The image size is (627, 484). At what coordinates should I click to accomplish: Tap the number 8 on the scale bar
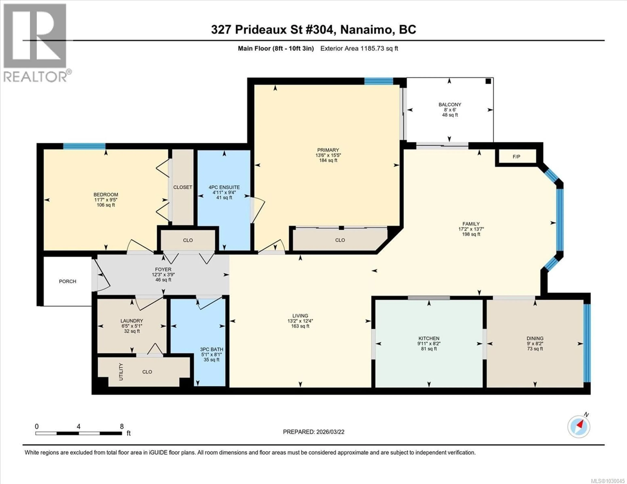click(x=122, y=426)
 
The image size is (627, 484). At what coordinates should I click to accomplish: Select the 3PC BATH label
click(x=212, y=349)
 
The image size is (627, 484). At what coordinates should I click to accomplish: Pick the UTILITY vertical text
click(x=121, y=372)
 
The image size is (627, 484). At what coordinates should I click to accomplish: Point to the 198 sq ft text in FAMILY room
click(x=471, y=234)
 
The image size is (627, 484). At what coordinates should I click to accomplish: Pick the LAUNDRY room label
click(x=132, y=321)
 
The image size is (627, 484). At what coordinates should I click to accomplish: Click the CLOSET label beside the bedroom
click(x=183, y=187)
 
